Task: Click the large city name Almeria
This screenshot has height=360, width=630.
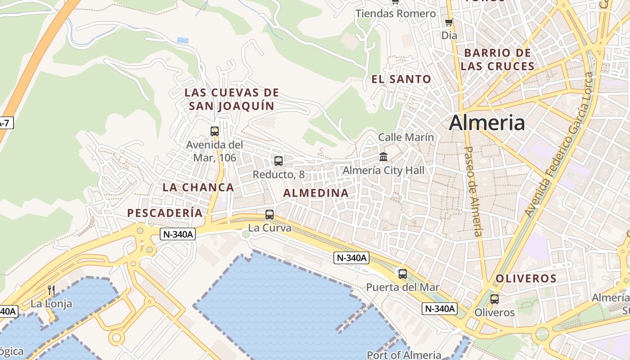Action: [487, 122]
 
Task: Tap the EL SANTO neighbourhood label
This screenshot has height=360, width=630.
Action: [401, 79]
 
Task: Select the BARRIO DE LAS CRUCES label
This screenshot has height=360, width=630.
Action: [497, 59]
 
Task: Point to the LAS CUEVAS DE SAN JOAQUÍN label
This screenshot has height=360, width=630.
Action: [232, 99]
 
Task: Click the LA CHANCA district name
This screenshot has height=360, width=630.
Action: [198, 187]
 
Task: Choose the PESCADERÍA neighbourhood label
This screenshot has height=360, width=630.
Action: [165, 213]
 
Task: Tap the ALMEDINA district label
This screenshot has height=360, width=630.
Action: [316, 193]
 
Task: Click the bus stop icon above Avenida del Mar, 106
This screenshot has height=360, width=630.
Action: [215, 131]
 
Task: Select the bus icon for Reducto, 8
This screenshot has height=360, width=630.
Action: [279, 161]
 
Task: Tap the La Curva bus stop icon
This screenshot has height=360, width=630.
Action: [270, 215]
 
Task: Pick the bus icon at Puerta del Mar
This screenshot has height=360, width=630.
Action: [403, 274]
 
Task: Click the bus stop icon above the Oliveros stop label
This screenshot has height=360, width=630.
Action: [495, 299]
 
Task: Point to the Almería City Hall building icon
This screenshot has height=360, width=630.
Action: [383, 157]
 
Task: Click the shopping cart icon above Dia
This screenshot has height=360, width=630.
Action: [449, 22]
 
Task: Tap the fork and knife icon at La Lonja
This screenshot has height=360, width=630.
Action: [51, 291]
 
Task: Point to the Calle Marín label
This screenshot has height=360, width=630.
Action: [406, 137]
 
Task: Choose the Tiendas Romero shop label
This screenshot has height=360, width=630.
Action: [396, 13]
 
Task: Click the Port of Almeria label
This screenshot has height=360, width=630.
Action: [404, 355]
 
